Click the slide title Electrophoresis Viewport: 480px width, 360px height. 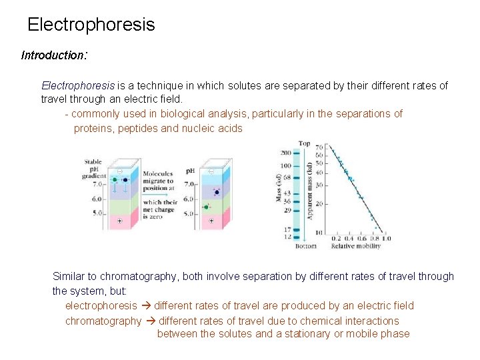point(91,25)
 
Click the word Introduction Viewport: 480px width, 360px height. point(51,55)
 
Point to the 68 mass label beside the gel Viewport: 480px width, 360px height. point(287,178)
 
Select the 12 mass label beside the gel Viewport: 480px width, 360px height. point(287,237)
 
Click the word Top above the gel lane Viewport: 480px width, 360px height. point(304,143)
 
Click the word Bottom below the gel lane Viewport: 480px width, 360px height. point(306,247)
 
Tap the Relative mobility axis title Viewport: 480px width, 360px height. point(356,247)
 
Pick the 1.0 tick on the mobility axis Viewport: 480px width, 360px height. point(386,239)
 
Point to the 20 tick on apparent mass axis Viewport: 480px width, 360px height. point(319,203)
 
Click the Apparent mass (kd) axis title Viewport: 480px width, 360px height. point(309,190)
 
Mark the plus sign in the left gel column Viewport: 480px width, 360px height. point(119,221)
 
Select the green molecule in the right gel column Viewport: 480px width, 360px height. point(206,207)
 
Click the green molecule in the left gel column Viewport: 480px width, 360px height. point(115,179)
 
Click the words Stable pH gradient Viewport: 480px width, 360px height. point(93,169)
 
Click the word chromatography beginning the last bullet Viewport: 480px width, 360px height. point(103,321)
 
